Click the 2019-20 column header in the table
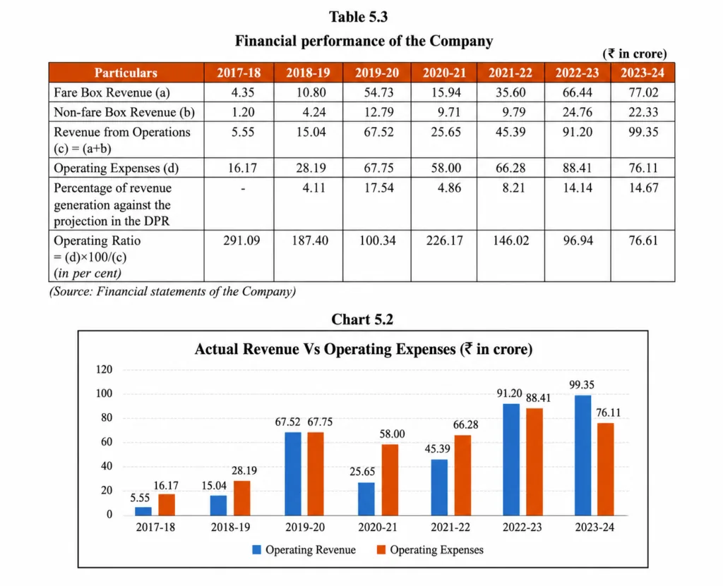click(x=377, y=73)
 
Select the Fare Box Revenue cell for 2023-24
click(x=643, y=92)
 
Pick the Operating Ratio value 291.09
click(x=241, y=240)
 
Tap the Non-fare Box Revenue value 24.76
click(x=578, y=112)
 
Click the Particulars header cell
click(x=126, y=73)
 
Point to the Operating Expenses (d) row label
click(x=116, y=168)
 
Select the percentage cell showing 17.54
click(x=378, y=188)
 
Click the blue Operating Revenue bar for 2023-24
click(x=582, y=455)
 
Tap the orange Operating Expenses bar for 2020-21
click(x=390, y=480)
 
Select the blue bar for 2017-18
click(x=143, y=511)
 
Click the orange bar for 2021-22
click(x=462, y=475)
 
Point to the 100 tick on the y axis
click(x=104, y=393)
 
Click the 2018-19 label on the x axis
click(x=231, y=527)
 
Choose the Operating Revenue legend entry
click(x=304, y=550)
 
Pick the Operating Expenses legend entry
click(x=430, y=550)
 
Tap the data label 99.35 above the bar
click(x=582, y=385)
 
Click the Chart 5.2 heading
click(x=362, y=319)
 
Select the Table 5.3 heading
click(x=358, y=17)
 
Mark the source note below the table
click(x=172, y=292)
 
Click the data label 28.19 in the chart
click(x=244, y=471)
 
